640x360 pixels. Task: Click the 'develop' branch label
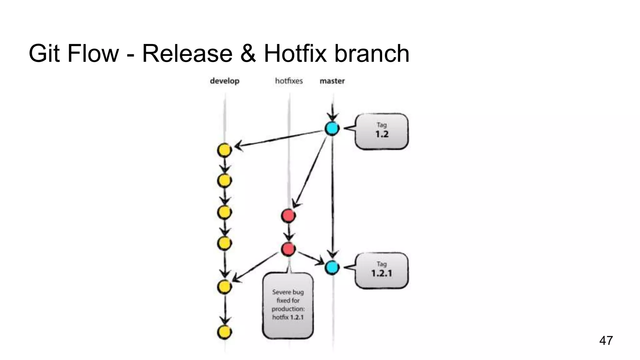coord(224,81)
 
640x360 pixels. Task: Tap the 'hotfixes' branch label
coord(289,81)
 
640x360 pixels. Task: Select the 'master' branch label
coord(332,81)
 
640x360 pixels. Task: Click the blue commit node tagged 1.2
coord(332,128)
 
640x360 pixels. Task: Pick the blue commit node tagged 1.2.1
coord(332,267)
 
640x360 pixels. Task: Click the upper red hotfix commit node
coord(288,216)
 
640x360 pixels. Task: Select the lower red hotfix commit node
coord(288,249)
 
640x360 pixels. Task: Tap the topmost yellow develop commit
coord(224,150)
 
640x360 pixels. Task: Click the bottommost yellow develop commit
coord(224,332)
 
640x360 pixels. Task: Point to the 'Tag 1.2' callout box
coord(382,131)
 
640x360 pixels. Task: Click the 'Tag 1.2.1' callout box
coord(382,270)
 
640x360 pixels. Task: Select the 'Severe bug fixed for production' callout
coord(288,305)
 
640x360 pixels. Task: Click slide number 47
coord(606,340)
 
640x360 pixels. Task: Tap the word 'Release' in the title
coord(187,53)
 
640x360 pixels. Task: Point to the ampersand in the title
coord(248,53)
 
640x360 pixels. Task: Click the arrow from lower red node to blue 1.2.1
coord(311,258)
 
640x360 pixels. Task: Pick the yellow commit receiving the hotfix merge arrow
coord(224,287)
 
